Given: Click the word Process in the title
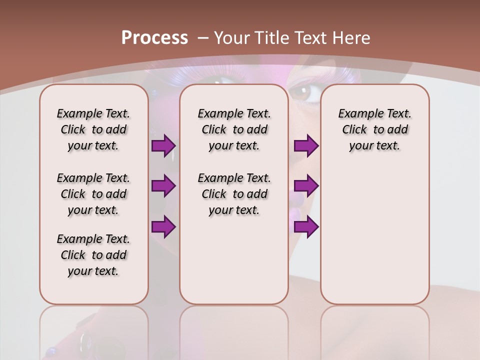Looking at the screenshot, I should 154,38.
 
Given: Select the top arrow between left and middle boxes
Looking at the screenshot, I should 163,146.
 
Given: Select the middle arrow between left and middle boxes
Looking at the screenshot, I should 163,186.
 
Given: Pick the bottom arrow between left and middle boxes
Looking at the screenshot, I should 163,226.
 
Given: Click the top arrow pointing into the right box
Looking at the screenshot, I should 306,146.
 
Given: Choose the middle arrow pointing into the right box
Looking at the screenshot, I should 306,186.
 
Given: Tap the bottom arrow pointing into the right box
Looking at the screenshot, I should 306,226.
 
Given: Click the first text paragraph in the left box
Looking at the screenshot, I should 93,129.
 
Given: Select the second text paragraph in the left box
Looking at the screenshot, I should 93,194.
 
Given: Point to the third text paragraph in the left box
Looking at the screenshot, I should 93,255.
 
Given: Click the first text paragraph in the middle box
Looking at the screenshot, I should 234,129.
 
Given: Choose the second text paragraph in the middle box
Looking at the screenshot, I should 234,194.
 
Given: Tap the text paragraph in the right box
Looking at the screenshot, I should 374,129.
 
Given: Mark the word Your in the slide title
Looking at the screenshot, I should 232,38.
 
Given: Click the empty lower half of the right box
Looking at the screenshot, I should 374,240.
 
